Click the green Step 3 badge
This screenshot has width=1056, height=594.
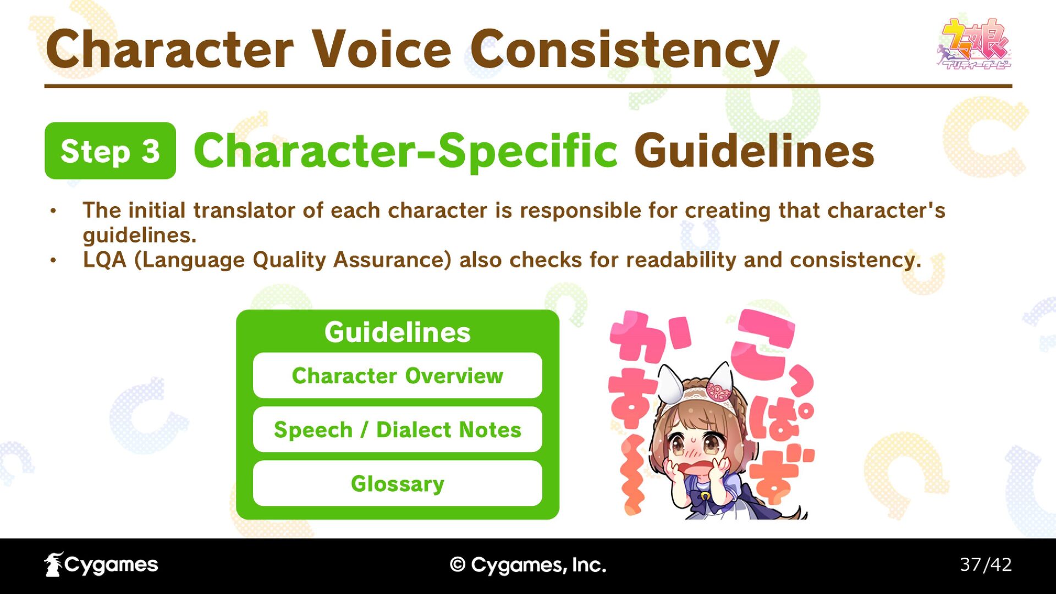point(110,151)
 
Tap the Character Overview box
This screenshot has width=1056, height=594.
point(397,376)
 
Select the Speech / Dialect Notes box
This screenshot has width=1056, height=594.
point(397,430)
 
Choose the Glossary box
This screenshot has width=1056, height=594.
point(397,483)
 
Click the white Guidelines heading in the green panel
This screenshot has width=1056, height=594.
point(397,332)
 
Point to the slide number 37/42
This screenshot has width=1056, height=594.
point(986,564)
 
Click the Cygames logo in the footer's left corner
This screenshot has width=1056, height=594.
point(101,564)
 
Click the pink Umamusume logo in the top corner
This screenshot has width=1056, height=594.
point(974,44)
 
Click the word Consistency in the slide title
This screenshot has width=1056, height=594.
point(625,51)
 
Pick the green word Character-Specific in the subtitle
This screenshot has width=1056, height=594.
point(406,151)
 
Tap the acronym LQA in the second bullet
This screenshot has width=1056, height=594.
point(105,260)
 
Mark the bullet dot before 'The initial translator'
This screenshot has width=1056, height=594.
point(53,211)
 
